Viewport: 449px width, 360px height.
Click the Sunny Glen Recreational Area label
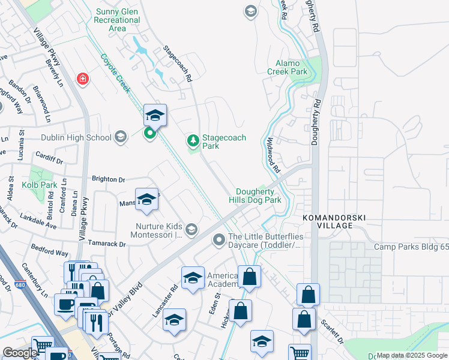pos(117,20)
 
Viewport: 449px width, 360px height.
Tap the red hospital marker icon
pos(82,79)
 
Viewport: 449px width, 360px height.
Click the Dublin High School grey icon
pos(120,137)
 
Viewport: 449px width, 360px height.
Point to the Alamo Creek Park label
pos(291,67)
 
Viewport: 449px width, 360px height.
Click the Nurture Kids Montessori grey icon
pos(191,230)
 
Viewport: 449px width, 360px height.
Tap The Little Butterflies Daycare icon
pos(218,240)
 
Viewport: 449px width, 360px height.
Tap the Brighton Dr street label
pos(108,179)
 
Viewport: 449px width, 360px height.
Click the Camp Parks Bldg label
pos(411,247)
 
